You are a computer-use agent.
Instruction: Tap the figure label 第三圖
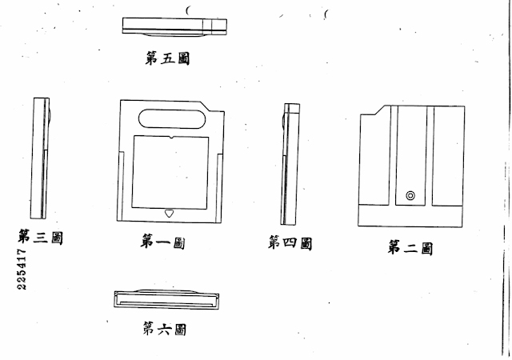click(40, 237)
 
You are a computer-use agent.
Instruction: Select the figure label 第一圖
click(162, 242)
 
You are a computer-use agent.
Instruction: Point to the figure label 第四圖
click(290, 242)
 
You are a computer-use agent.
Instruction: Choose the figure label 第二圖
click(410, 248)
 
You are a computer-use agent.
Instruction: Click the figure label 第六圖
click(164, 328)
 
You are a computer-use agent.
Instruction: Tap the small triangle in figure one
click(169, 214)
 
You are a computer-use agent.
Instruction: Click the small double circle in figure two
click(410, 194)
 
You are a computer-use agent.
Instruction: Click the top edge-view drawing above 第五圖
click(175, 26)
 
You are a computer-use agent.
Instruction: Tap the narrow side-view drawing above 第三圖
click(40, 158)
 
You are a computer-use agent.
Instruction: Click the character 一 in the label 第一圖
click(162, 242)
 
